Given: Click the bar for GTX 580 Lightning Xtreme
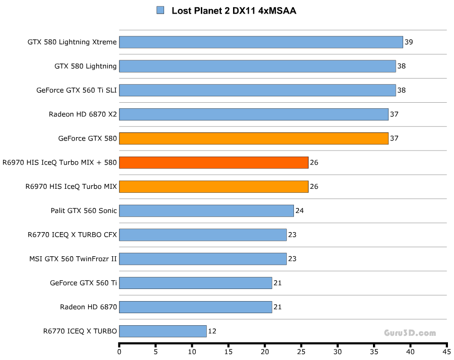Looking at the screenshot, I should (x=261, y=42).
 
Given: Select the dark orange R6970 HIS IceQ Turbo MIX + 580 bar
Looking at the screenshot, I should (x=213, y=162).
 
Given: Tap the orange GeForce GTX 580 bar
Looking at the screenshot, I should (x=253, y=138).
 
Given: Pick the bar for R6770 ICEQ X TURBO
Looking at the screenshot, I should (x=163, y=331).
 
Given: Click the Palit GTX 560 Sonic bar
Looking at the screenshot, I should (x=206, y=210).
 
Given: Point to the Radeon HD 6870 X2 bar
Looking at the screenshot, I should (x=253, y=114).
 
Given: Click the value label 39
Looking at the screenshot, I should (x=409, y=42).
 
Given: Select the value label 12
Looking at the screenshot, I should (x=212, y=331).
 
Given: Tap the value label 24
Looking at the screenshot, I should (x=299, y=210).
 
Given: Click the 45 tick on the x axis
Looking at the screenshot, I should (x=446, y=352).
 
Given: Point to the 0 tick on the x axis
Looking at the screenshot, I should (x=119, y=352).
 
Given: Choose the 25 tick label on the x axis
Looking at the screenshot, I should (x=301, y=352).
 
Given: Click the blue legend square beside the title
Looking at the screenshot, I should (x=161, y=10).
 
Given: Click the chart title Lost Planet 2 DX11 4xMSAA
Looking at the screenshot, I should (x=234, y=11).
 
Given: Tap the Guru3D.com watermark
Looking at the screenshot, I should (x=410, y=333).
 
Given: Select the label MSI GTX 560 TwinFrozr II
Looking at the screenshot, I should (x=73, y=259).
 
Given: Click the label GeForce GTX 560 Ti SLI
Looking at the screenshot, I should (x=77, y=90).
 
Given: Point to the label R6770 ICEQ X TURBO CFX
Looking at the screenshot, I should (x=72, y=235).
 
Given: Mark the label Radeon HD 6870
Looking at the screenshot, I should (x=89, y=307).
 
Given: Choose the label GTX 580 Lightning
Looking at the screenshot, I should (x=86, y=66).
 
